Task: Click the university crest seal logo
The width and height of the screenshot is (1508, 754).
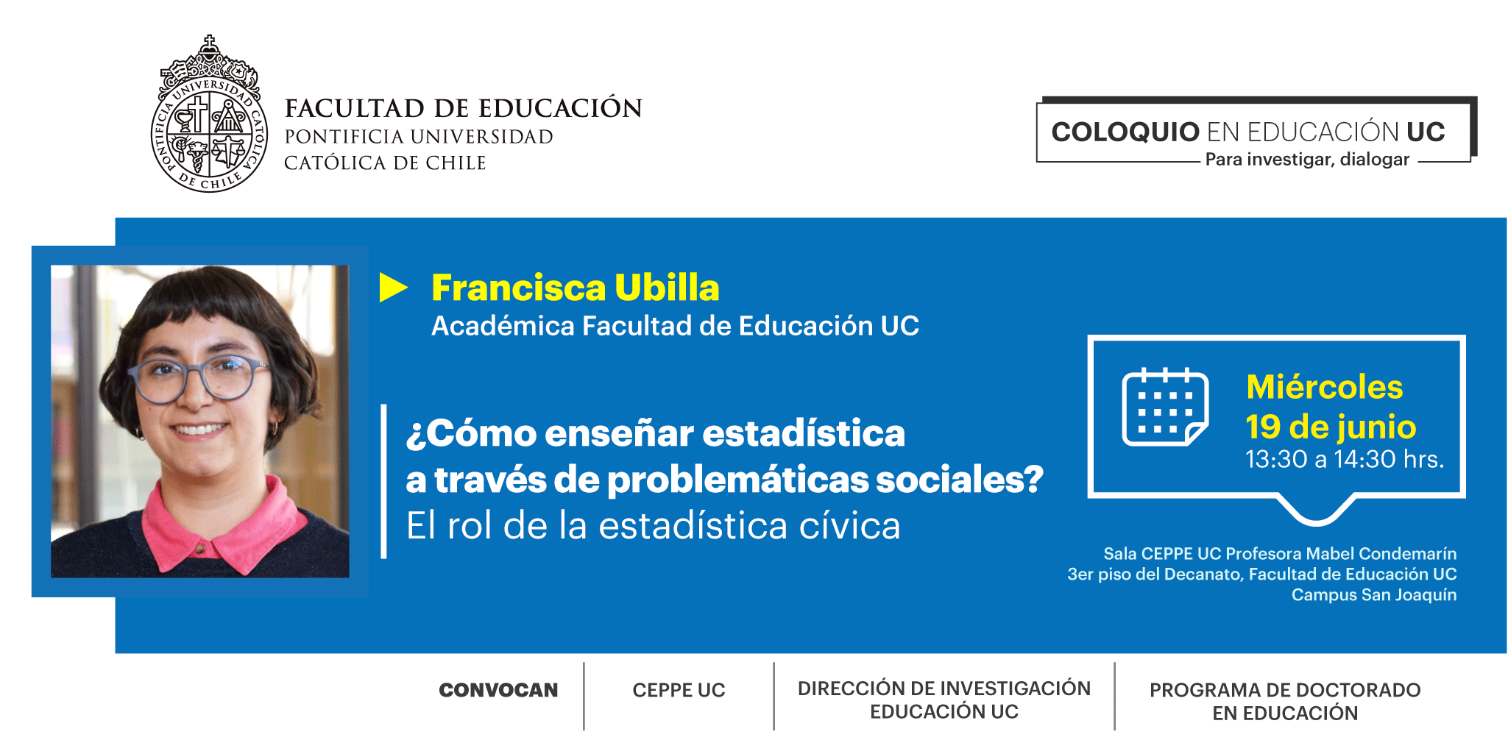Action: (210, 114)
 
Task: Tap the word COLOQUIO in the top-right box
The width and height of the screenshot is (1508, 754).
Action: (1125, 132)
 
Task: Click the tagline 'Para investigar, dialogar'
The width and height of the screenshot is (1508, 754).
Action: (1307, 160)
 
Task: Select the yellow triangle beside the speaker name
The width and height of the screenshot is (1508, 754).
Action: (393, 288)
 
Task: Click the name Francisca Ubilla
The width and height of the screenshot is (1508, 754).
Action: (575, 288)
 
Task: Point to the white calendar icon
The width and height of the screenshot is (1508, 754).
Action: (1165, 407)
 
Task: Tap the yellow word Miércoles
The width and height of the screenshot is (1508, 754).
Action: (1324, 387)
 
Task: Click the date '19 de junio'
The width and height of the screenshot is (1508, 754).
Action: (1331, 427)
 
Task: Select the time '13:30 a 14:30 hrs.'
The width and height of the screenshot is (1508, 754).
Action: (1345, 459)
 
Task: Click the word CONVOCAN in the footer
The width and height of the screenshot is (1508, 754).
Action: (498, 690)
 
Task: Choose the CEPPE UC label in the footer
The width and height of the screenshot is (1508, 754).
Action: (679, 690)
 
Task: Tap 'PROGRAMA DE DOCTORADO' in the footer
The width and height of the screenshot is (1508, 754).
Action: (1285, 690)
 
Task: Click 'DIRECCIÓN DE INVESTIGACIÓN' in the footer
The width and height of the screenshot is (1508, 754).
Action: (944, 689)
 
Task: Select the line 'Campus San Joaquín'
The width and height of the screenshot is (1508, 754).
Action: (1374, 594)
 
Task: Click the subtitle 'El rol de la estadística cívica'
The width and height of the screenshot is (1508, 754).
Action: (654, 526)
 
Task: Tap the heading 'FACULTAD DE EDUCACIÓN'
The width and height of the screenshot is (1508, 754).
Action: (464, 108)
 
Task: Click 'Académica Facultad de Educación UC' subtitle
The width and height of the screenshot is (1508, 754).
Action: (675, 326)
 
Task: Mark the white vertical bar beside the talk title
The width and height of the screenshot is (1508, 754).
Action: (383, 481)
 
